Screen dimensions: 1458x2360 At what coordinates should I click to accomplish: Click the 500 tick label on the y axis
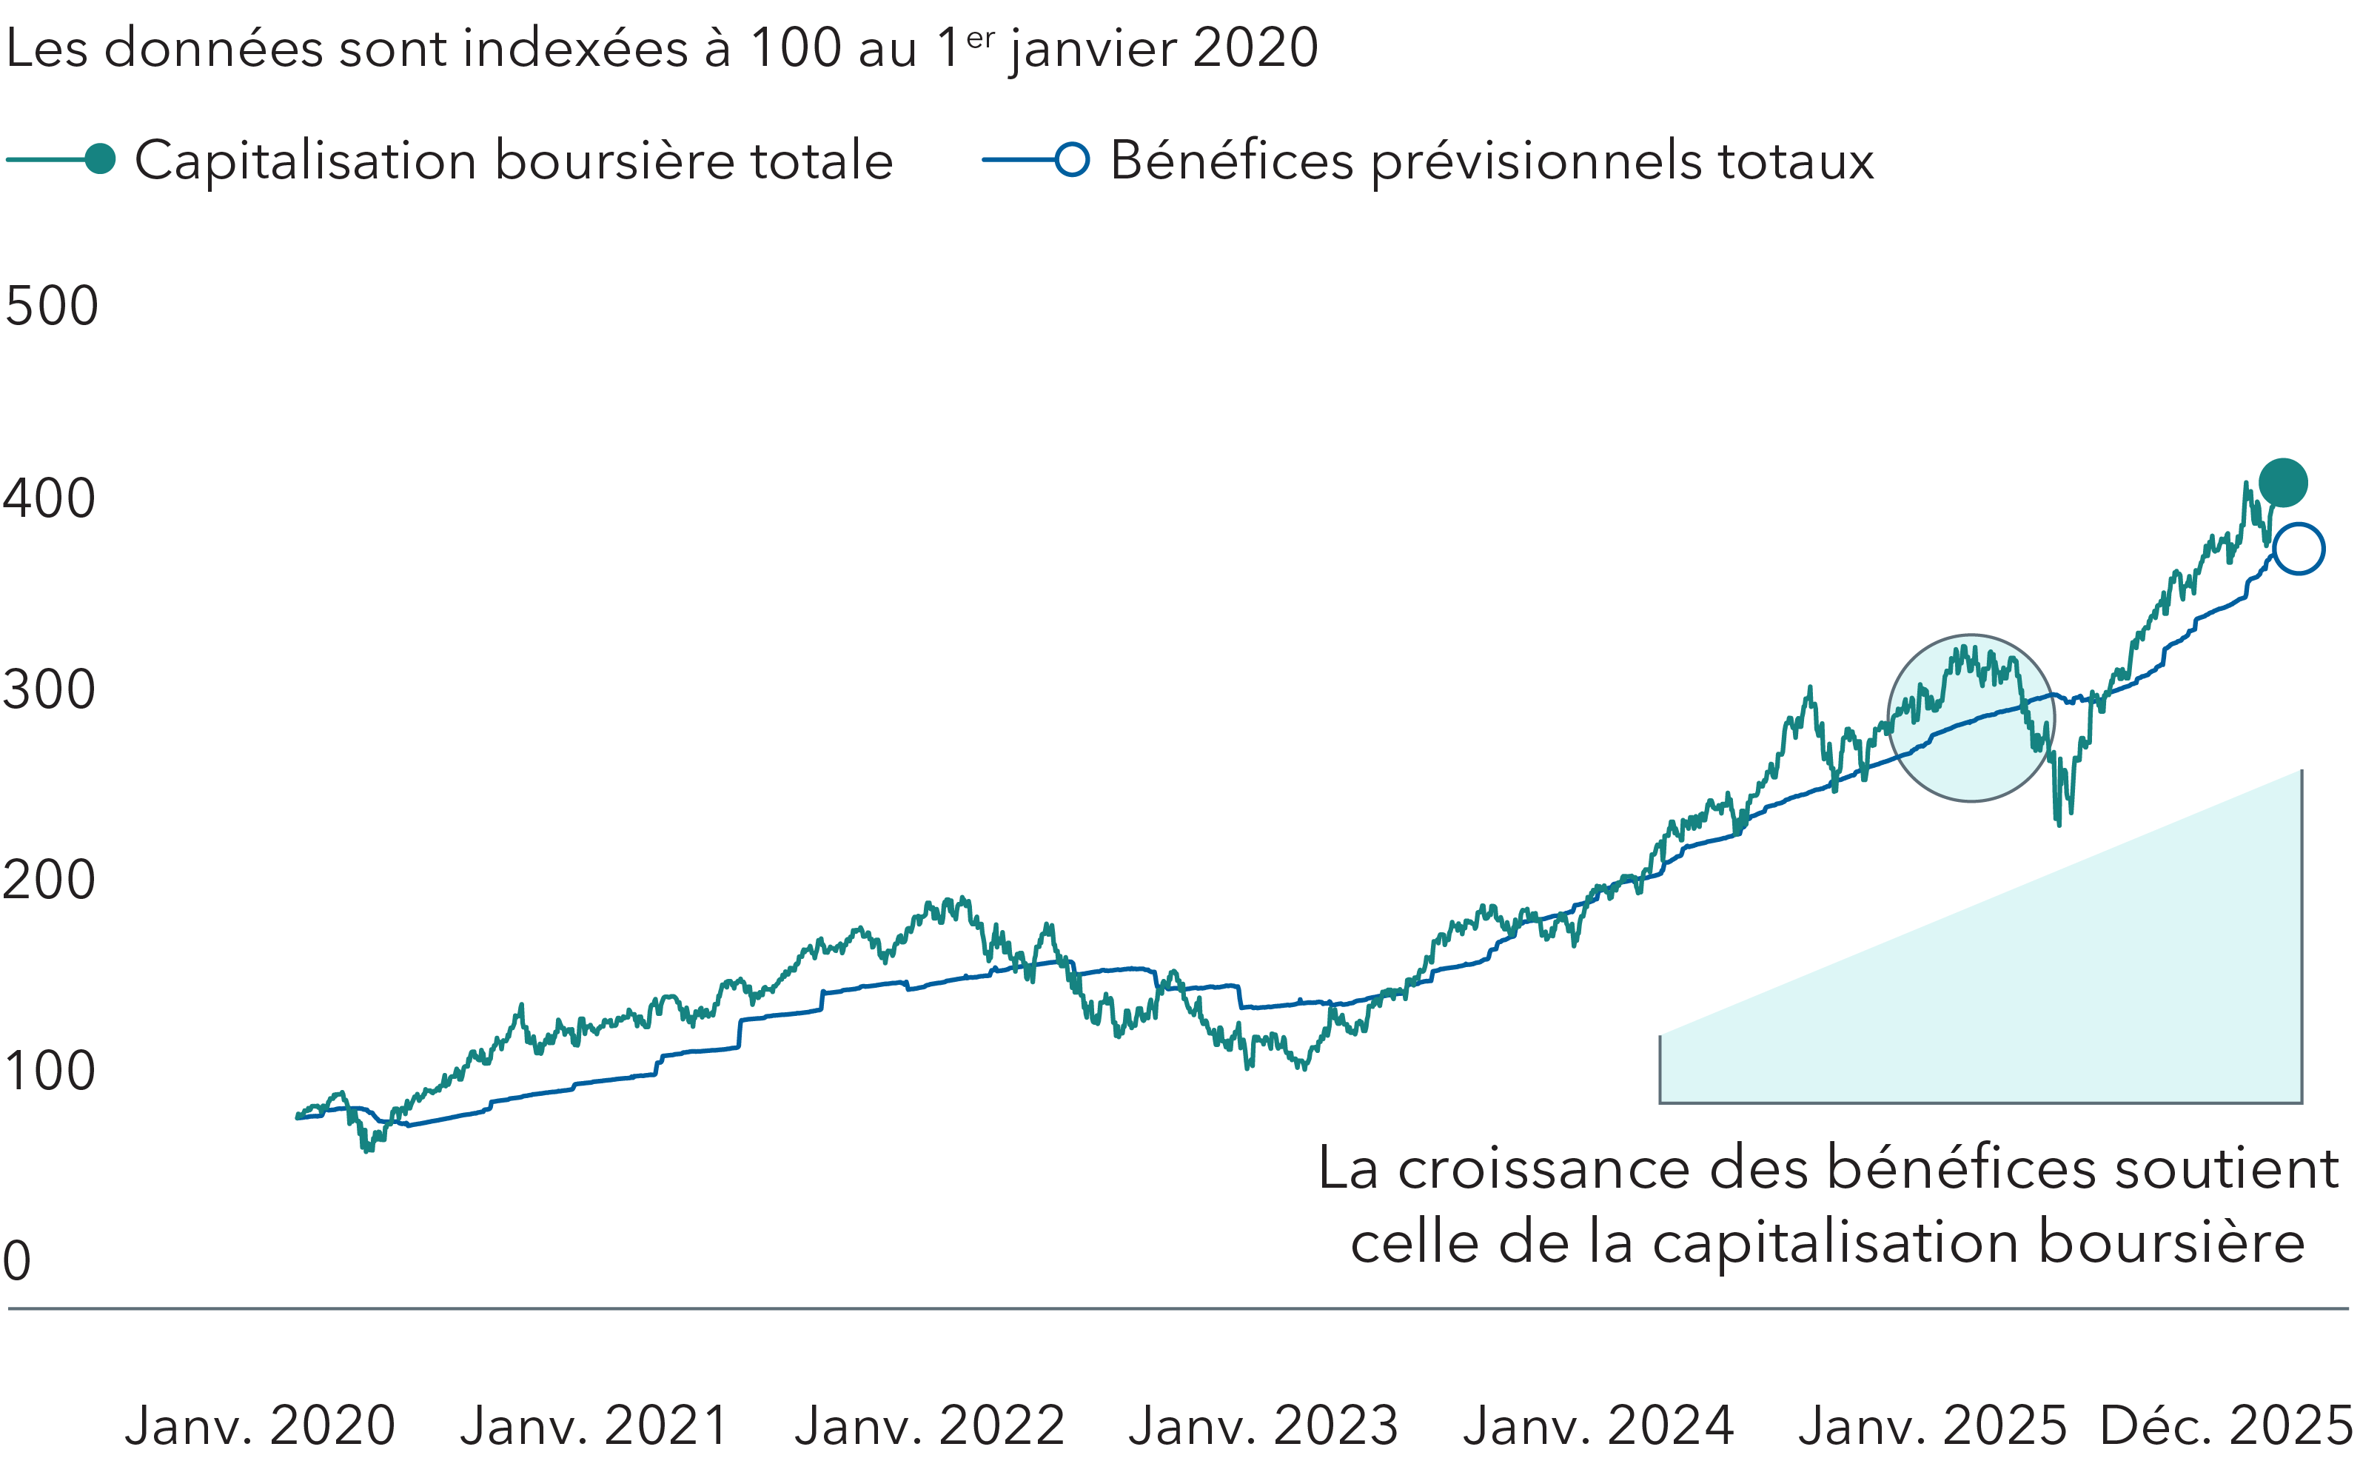tap(51, 307)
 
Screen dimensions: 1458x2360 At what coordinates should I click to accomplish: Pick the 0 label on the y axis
tap(17, 1261)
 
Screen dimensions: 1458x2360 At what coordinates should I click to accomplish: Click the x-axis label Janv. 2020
tap(261, 1425)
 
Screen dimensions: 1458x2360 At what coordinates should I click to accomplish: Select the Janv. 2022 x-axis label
tap(929, 1425)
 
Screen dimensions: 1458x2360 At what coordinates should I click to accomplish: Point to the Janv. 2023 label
tap(1264, 1425)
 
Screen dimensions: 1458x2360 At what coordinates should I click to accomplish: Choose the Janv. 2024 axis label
tap(1598, 1425)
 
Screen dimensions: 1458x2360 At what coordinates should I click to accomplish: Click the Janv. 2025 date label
tap(1933, 1425)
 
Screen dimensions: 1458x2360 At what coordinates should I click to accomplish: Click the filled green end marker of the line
tap(2283, 482)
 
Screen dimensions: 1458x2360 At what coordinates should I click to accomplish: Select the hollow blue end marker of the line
tap(2299, 549)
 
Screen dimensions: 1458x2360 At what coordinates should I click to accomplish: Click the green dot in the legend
tap(100, 159)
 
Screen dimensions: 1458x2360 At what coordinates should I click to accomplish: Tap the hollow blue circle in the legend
tap(1072, 159)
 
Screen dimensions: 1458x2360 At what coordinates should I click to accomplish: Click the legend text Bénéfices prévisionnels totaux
tap(1492, 161)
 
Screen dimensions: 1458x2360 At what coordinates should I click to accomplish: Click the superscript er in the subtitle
tap(980, 38)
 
